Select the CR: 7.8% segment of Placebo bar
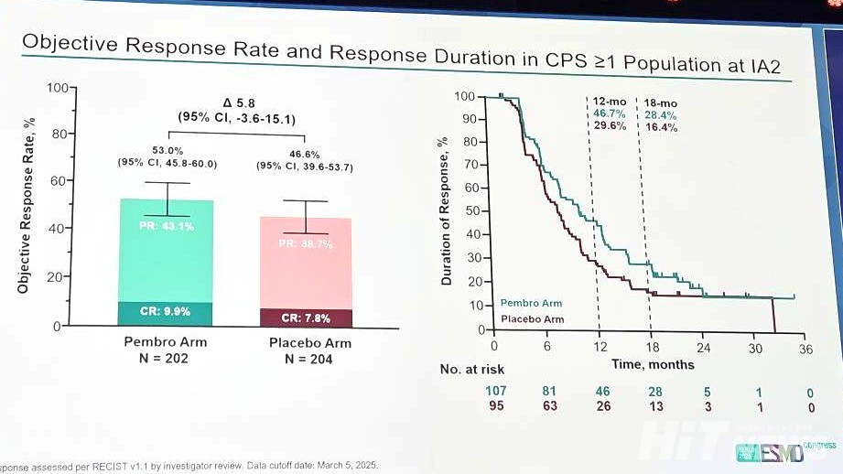[306, 318]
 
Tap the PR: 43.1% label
[167, 227]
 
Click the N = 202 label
[166, 359]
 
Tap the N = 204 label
[306, 360]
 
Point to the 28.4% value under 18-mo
[661, 115]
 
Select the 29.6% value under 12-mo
[610, 126]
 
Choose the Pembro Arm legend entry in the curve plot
[531, 303]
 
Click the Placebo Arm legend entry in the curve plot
[532, 319]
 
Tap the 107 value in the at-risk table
[494, 392]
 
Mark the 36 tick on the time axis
[806, 348]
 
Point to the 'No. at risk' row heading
[472, 370]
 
